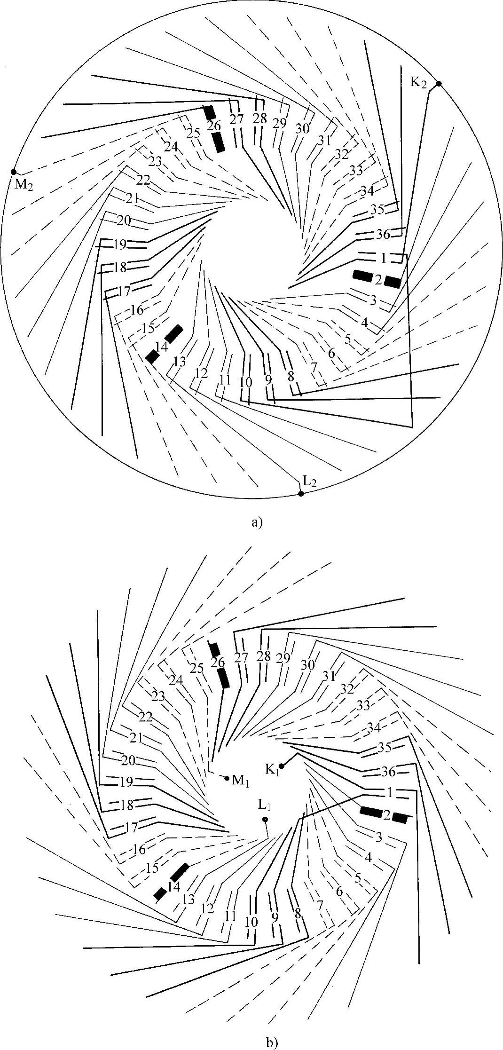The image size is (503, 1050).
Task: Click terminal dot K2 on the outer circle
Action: (x=438, y=84)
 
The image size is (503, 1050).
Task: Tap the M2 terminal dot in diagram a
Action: (x=14, y=172)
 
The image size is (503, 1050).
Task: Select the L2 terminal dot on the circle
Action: (x=301, y=493)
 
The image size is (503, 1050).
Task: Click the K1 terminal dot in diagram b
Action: (x=282, y=766)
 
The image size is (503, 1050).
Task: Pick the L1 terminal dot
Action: (x=265, y=819)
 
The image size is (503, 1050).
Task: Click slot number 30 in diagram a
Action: (x=302, y=128)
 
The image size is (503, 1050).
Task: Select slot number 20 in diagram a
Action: (x=124, y=220)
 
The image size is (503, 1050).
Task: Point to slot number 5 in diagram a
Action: (x=348, y=339)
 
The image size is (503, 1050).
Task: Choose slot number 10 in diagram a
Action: (x=245, y=381)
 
